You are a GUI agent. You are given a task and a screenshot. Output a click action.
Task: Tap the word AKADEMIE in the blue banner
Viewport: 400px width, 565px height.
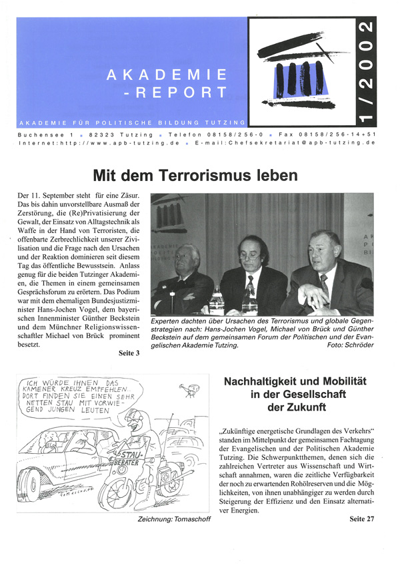pyautogui.click(x=167, y=75)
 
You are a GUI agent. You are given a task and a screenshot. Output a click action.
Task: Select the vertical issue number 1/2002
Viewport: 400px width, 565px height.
pyautogui.click(x=365, y=73)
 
